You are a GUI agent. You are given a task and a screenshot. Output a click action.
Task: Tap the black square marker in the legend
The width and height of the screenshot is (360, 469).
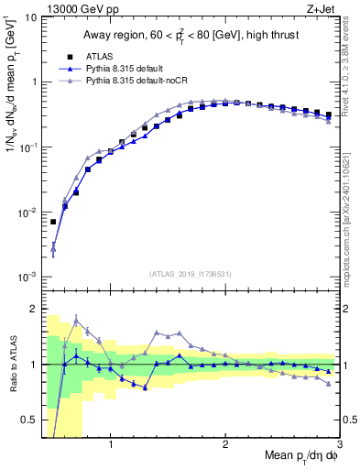[x=67, y=56]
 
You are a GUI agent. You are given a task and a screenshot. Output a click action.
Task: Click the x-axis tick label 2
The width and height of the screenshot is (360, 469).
[x=225, y=446]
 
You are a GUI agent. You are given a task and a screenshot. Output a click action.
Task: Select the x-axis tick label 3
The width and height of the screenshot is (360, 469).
[x=340, y=446]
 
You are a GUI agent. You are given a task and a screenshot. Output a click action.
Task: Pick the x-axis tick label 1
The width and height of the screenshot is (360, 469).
[x=111, y=446]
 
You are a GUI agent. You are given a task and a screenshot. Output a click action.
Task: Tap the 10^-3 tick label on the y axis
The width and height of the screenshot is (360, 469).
[x=27, y=277]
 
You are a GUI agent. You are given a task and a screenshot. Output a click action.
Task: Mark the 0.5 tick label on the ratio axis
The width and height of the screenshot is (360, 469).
[x=29, y=420]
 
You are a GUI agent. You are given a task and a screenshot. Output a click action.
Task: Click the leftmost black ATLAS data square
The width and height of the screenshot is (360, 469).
[x=53, y=222]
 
